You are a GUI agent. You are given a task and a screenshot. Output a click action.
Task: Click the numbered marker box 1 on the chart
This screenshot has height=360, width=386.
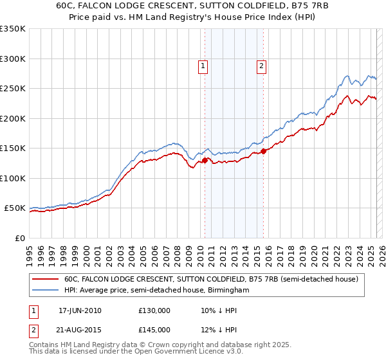(203, 65)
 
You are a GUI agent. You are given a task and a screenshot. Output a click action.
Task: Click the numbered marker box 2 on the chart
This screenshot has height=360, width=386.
(262, 65)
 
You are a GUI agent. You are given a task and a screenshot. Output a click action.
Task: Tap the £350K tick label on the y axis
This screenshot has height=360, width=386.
(13, 29)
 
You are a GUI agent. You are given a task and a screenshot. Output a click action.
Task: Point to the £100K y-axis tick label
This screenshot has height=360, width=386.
(13, 178)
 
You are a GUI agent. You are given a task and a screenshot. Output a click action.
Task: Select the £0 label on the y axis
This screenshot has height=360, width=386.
(19, 238)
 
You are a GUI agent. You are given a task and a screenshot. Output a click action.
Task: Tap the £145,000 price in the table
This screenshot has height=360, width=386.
(154, 330)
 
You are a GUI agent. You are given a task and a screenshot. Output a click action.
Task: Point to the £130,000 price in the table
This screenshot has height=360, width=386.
(154, 310)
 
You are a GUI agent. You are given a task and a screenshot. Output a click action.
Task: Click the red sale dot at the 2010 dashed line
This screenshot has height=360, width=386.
(205, 160)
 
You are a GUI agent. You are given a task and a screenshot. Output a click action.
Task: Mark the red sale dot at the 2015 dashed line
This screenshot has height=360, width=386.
(264, 152)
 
